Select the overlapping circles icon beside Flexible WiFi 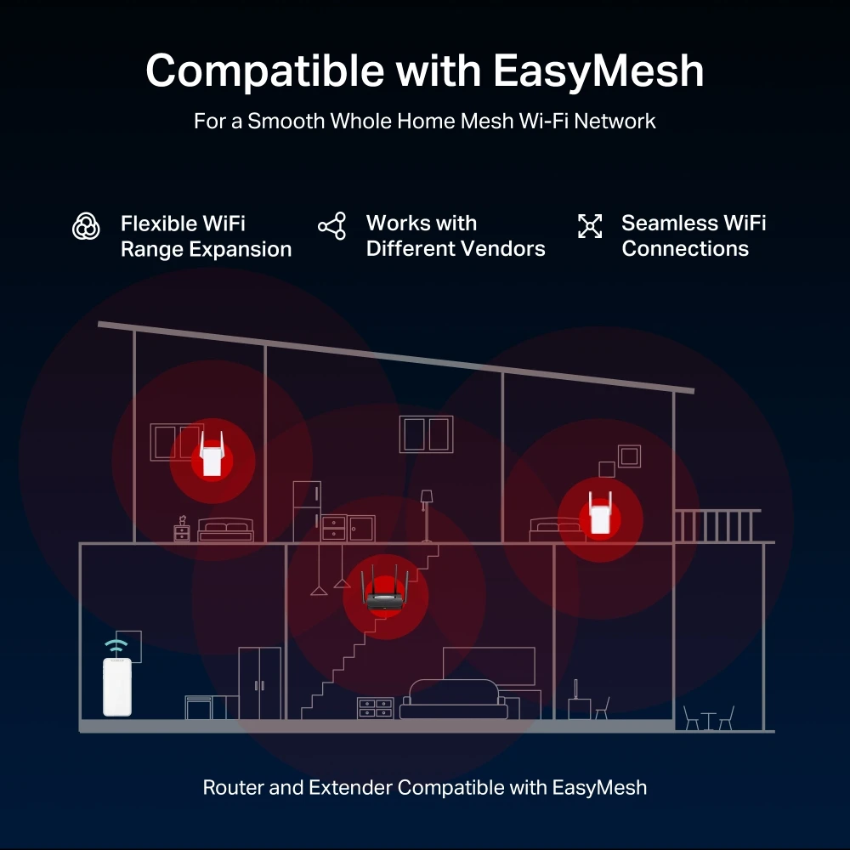point(86,226)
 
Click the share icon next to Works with point(331,226)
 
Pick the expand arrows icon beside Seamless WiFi point(589,226)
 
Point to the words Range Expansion point(206,249)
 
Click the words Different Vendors point(456,249)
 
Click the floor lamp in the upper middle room point(427,514)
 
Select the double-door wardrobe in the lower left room point(259,683)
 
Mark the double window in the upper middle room point(427,433)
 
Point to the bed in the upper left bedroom point(225,531)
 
